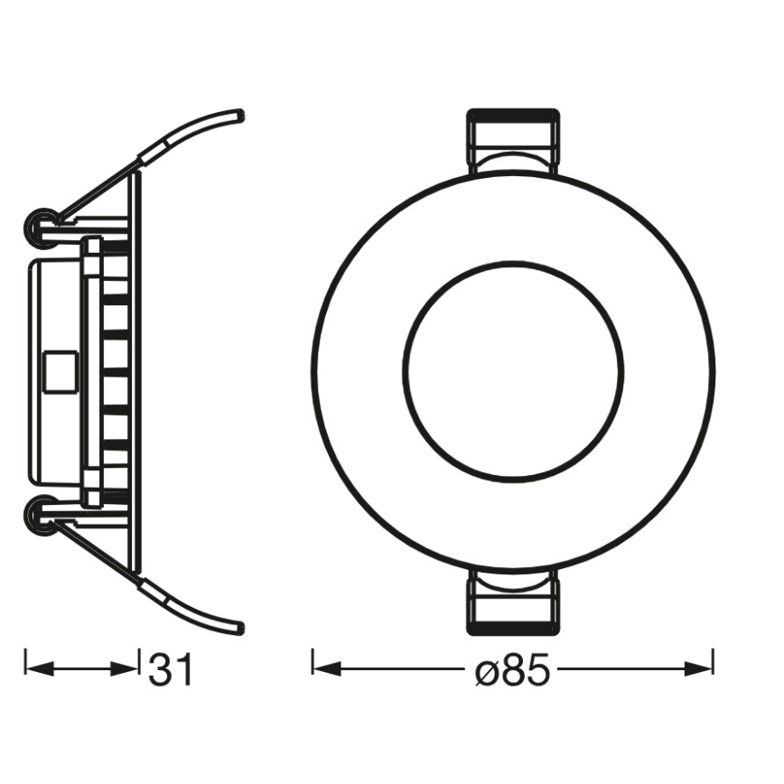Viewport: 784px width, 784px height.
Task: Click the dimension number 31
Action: click(x=171, y=670)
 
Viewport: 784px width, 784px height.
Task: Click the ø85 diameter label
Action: click(x=513, y=670)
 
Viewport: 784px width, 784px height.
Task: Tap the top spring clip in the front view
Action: click(x=512, y=142)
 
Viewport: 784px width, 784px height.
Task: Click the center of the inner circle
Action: click(x=513, y=370)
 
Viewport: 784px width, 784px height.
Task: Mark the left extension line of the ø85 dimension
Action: click(x=313, y=661)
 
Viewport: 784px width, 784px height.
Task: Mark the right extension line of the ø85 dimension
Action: click(x=714, y=661)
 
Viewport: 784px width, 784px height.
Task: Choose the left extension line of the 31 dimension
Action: click(x=24, y=661)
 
